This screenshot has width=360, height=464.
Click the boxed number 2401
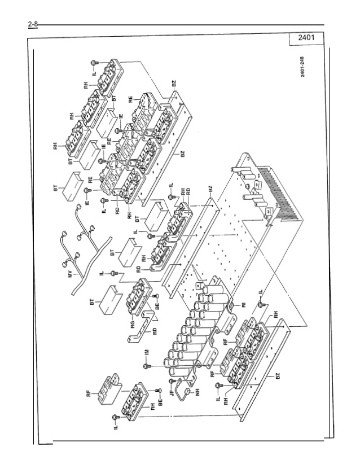305,38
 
